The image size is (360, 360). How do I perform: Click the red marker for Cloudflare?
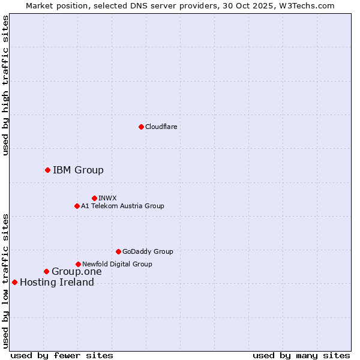pyautogui.click(x=141, y=127)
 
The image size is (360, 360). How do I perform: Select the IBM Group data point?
pyautogui.click(x=47, y=170)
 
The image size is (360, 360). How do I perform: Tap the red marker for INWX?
pyautogui.click(x=94, y=198)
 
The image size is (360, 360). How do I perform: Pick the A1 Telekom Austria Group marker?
pyautogui.click(x=77, y=206)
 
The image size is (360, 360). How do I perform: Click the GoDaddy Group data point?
pyautogui.click(x=118, y=251)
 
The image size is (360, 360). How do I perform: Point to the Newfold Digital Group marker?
pyautogui.click(x=78, y=264)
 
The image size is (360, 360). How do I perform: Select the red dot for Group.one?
pyautogui.click(x=46, y=271)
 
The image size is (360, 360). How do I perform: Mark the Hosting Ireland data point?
pyautogui.click(x=14, y=282)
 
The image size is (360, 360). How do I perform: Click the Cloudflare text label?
pyautogui.click(x=161, y=127)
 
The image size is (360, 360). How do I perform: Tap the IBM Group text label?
pyautogui.click(x=78, y=170)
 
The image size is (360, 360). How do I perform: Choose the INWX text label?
pyautogui.click(x=108, y=198)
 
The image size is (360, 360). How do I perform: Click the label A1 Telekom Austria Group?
pyautogui.click(x=122, y=206)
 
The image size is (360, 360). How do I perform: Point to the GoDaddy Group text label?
pyautogui.click(x=148, y=251)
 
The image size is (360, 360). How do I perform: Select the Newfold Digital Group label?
pyautogui.click(x=117, y=264)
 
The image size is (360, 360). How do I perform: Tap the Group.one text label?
pyautogui.click(x=77, y=271)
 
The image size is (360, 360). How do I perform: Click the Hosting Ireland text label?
pyautogui.click(x=57, y=282)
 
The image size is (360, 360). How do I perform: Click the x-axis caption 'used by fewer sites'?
pyautogui.click(x=62, y=355)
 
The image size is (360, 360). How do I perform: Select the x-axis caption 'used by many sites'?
pyautogui.click(x=301, y=355)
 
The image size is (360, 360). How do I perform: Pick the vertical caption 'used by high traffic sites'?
pyautogui.click(x=6, y=85)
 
